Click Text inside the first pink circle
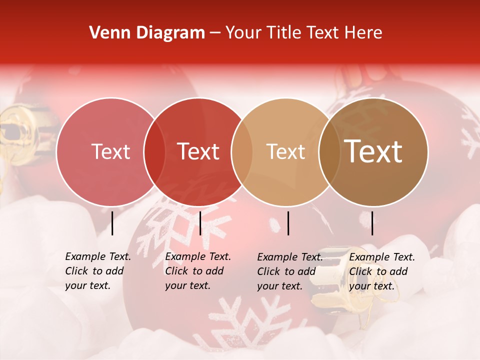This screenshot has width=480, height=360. (x=110, y=151)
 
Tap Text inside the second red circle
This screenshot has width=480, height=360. (x=198, y=151)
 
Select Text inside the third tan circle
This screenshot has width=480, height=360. (x=285, y=151)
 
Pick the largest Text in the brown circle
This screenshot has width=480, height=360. (x=373, y=151)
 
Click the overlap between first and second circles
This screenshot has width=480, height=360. (x=154, y=152)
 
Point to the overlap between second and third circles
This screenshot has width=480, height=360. (x=242, y=152)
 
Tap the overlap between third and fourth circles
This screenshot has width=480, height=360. (x=329, y=152)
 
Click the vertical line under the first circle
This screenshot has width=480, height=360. (x=112, y=223)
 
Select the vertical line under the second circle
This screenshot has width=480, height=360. (x=200, y=223)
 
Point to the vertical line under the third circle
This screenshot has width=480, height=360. (x=288, y=223)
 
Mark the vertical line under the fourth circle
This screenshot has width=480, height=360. (x=372, y=223)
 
